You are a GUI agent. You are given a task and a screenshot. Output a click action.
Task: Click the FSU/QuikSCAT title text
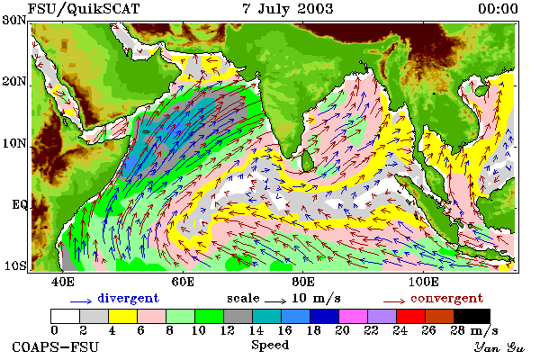84,9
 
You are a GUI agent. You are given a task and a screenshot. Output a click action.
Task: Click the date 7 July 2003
288,9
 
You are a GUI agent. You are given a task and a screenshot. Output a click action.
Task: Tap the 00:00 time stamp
498,9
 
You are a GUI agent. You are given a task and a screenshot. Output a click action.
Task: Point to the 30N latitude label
14,20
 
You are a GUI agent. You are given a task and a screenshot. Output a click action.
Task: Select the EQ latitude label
19,205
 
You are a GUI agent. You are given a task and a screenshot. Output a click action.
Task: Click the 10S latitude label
14,266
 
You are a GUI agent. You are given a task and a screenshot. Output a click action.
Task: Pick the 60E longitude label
183,282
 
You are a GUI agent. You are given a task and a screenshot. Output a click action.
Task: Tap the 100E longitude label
423,282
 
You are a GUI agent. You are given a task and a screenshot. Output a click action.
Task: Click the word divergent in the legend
128,298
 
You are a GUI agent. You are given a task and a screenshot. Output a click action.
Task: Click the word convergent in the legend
446,298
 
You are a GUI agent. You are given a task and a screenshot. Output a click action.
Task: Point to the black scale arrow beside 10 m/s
275,301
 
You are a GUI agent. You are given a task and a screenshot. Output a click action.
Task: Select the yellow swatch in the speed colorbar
122,316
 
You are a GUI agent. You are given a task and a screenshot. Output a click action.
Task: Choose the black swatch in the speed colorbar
472,316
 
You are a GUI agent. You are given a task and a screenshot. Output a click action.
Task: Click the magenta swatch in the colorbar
353,316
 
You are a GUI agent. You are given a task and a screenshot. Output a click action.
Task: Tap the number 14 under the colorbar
256,330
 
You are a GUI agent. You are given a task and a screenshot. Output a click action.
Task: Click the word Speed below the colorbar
270,346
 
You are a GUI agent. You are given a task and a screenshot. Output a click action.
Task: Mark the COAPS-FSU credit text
56,346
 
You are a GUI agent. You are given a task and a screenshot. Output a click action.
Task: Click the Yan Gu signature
499,347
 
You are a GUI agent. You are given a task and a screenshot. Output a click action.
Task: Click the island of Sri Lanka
307,161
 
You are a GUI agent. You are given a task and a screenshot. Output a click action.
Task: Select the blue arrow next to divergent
81,301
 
